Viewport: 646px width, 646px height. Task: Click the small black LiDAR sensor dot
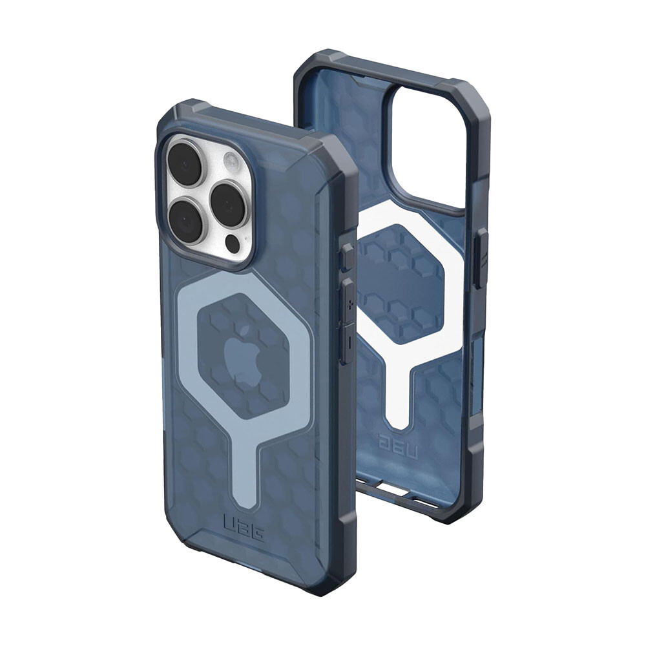[232, 244]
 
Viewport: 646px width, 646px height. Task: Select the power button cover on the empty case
[480, 260]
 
